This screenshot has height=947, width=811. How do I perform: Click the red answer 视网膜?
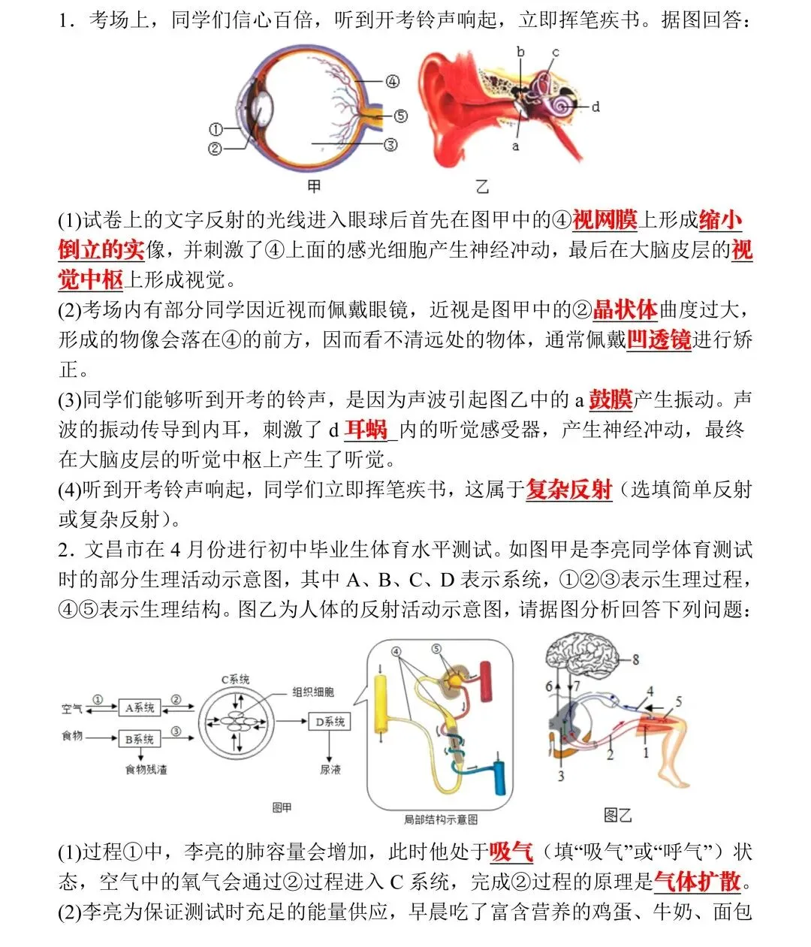604,220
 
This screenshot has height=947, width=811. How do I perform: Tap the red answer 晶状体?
625,309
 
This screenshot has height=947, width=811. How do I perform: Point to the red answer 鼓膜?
611,400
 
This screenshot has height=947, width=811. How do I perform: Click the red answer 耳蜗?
366,430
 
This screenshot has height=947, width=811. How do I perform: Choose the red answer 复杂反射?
569,490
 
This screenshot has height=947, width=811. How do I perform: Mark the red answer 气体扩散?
698,881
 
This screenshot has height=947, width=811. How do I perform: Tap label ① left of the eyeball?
215,129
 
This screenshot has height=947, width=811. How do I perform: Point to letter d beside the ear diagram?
595,107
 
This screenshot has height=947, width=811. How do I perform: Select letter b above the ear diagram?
520,52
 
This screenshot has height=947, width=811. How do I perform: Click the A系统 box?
140,707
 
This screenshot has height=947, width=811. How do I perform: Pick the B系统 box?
140,739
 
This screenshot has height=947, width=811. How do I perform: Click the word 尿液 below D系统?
330,769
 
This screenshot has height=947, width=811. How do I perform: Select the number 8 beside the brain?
635,660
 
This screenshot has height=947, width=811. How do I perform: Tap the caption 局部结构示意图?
440,819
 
